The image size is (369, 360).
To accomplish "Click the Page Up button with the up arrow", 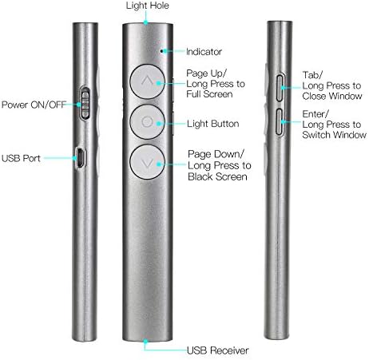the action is point(147,81).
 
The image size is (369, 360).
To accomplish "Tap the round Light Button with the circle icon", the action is point(147,122).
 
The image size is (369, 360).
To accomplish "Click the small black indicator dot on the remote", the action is point(161,50).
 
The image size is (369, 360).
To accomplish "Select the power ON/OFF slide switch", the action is point(85,104).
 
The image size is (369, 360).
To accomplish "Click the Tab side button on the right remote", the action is point(280,88).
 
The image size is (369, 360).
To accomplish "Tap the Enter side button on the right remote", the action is point(280,122).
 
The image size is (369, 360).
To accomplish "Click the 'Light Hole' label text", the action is point(147,6).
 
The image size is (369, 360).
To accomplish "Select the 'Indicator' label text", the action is point(204,52).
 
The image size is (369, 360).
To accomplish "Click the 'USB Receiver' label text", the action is point(217,350).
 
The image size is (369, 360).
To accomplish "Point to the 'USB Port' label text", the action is point(21,158).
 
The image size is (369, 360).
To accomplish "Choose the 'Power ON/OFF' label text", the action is point(34,105).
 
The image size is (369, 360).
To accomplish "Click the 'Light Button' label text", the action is point(212,124).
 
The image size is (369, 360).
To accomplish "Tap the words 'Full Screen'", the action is point(209,94).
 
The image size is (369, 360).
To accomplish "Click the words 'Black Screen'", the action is point(217,176).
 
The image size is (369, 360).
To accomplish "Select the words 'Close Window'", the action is point(332,96).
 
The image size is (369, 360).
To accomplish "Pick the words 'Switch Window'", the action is point(334,135).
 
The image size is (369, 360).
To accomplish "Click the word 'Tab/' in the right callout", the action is point(312,75).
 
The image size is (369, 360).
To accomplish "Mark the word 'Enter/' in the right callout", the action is point(315,114).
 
